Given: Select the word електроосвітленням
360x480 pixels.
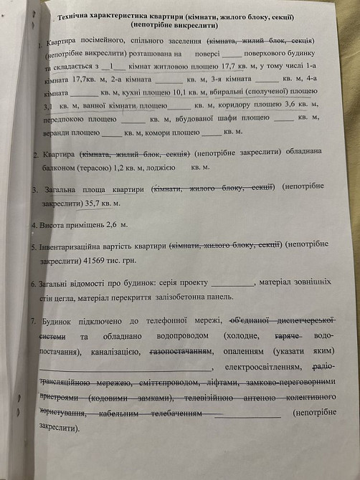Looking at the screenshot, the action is (x=261, y=368).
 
